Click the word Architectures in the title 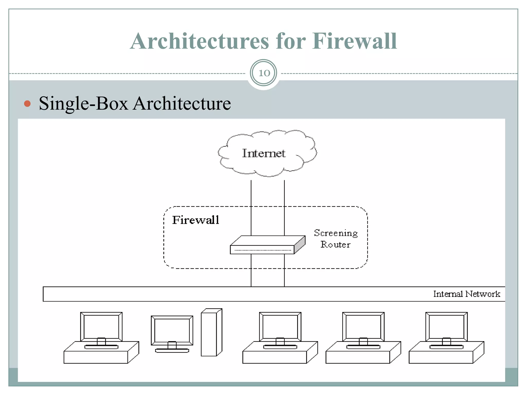click(200, 41)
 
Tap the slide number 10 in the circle click(263, 73)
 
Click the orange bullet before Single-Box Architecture click(27, 104)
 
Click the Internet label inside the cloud click(264, 153)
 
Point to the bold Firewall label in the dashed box click(196, 220)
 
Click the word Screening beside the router click(336, 233)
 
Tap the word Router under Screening click(335, 245)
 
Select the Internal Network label click(467, 294)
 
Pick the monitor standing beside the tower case click(172, 330)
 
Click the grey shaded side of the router click(300, 244)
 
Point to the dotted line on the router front click(262, 250)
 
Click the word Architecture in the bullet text click(182, 104)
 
